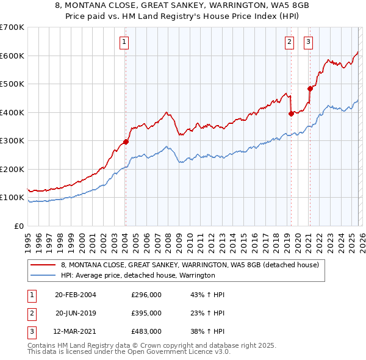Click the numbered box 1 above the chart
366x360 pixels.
124,42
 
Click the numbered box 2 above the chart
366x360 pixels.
289,42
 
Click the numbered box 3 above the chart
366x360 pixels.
308,42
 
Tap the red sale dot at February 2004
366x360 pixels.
126,142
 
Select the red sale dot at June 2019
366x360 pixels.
291,113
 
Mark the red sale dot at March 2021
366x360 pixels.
310,88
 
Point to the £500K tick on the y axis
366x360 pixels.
12,84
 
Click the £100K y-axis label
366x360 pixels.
12,198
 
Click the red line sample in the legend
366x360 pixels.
43,265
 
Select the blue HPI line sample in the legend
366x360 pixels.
43,276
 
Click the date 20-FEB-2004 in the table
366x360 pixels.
75,295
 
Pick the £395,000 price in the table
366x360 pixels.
146,313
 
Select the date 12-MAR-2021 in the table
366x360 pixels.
76,331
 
